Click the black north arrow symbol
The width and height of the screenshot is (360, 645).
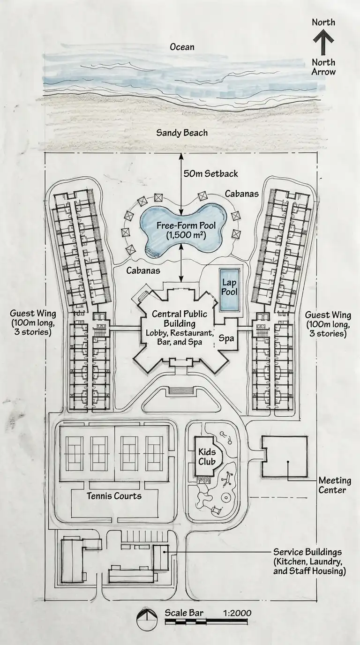point(323,44)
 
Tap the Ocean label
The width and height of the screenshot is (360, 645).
point(182,47)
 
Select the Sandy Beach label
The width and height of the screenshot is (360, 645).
point(182,133)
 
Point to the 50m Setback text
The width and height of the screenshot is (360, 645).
point(211,173)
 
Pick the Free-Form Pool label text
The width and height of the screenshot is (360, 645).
point(182,230)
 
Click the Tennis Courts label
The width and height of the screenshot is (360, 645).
point(114,495)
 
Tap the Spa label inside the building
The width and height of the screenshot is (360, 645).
point(226,338)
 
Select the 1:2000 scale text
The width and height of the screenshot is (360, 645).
point(235,613)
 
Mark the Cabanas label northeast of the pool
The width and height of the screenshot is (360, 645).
point(242,194)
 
